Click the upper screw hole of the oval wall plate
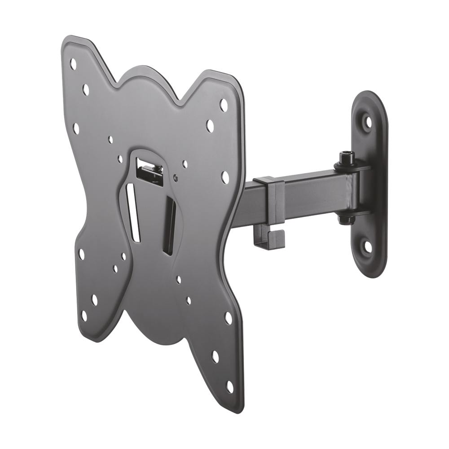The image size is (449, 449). [x=368, y=121]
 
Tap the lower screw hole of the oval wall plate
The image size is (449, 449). [x=368, y=246]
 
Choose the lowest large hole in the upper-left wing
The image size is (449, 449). [x=76, y=128]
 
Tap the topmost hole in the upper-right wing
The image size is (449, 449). [x=223, y=105]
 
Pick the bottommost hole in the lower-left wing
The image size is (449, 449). [x=84, y=316]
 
